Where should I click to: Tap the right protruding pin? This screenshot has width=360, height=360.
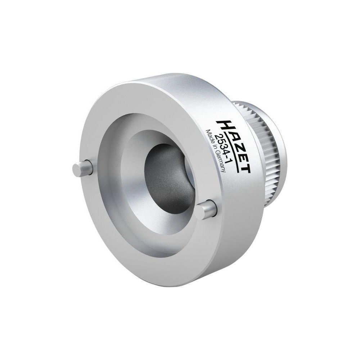(208, 210)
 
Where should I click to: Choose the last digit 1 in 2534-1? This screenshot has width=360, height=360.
(227, 163)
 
